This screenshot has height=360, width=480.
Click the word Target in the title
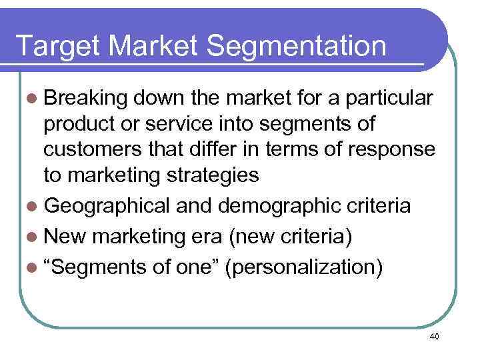click(56, 47)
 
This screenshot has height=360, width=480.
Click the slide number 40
click(435, 337)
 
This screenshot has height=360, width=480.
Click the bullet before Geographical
click(33, 205)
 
